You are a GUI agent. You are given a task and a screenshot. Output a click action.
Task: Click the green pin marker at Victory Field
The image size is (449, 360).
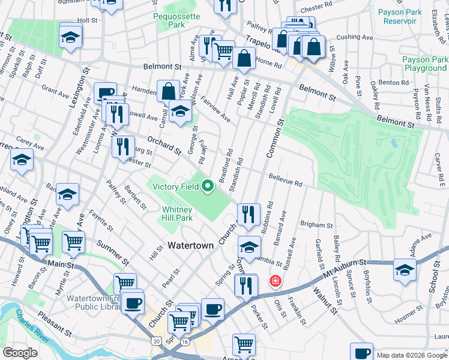(208, 187)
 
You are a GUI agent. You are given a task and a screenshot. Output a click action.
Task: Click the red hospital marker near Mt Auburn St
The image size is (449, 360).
(276, 280)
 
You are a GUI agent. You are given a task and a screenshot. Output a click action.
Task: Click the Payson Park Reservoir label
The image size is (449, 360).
(397, 16)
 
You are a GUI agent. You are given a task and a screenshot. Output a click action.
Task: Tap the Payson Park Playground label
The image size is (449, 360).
(425, 64)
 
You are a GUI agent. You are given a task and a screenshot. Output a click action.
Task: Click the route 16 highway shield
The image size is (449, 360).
(184, 341)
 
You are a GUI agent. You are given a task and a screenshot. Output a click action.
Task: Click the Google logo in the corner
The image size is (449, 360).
(20, 353)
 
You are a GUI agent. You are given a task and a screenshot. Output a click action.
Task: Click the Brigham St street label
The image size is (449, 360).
(317, 225)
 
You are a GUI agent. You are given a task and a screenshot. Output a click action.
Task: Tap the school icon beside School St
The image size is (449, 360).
(405, 269)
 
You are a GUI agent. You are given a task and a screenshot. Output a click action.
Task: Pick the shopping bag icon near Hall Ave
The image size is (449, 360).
(244, 58)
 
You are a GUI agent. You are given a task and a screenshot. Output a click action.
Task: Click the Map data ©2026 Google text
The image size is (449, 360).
(412, 355)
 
